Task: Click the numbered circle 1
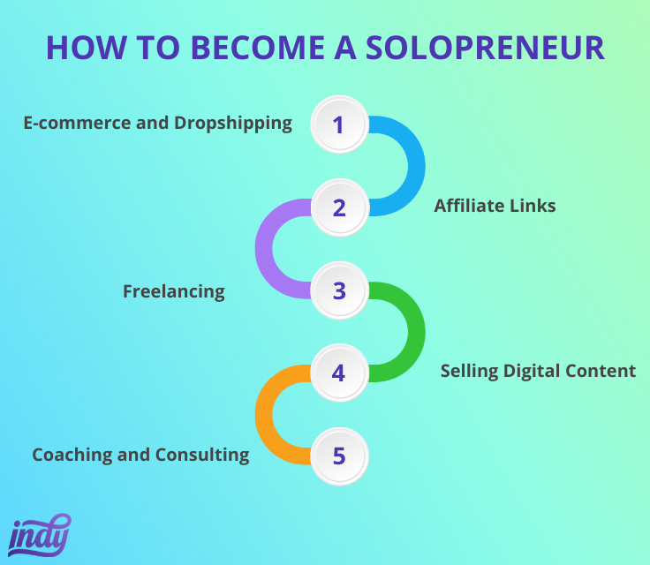(x=339, y=124)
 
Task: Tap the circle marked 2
(x=339, y=207)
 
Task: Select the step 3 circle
(x=339, y=290)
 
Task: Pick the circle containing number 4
(x=339, y=373)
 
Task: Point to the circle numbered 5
(x=339, y=456)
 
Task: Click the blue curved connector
(x=417, y=166)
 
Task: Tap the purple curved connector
(x=264, y=249)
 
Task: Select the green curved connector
(x=417, y=332)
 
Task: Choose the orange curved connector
(x=264, y=415)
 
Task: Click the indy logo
(x=40, y=536)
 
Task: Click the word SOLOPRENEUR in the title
(x=485, y=48)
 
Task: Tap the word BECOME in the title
(x=258, y=48)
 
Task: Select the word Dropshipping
(x=233, y=124)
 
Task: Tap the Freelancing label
(x=174, y=292)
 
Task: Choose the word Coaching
(x=72, y=456)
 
